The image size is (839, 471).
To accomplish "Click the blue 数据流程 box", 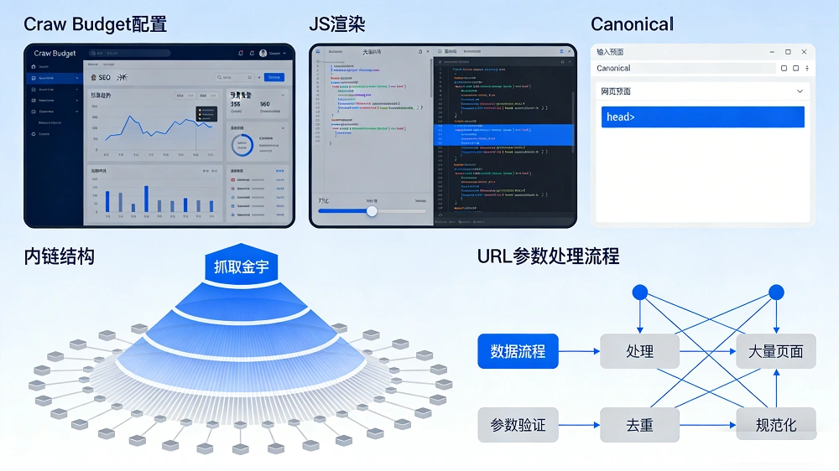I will (x=518, y=351).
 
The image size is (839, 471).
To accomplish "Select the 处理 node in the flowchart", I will (x=639, y=351).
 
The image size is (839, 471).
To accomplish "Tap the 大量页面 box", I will (x=775, y=351).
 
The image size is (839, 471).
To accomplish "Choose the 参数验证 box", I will (x=518, y=425).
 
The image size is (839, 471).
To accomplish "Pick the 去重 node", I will (x=639, y=425).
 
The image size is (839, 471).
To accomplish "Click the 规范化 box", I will (x=775, y=425).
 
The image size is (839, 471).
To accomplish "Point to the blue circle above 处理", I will (x=639, y=292).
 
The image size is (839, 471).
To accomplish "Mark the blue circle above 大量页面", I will (x=776, y=292).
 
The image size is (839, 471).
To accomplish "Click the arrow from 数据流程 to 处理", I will (x=579, y=351).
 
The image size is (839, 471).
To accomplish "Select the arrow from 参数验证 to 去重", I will (x=579, y=425).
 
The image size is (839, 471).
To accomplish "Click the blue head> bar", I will (x=702, y=117).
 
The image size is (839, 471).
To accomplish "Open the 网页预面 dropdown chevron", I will (x=800, y=91).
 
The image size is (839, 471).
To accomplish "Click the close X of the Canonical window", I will (x=804, y=52).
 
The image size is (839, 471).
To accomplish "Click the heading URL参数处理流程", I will (x=548, y=256).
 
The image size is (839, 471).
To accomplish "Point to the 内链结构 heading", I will (x=59, y=256).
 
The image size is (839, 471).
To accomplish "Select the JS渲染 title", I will (x=336, y=23).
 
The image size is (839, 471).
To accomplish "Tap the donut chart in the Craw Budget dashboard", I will (x=242, y=145).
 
